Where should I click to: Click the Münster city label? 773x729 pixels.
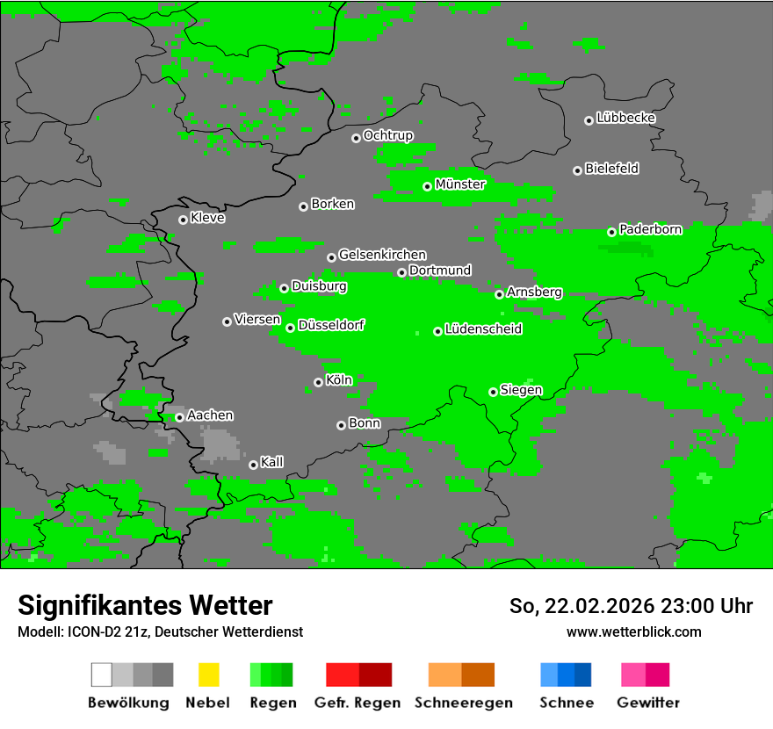point(460,184)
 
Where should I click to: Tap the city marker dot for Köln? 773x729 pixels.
point(318,382)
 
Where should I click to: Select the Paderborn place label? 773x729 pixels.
point(650,230)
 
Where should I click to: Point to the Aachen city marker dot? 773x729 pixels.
point(179,417)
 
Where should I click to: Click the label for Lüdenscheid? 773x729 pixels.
point(483,329)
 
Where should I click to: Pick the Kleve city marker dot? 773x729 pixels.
point(183,220)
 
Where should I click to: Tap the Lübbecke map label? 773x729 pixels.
point(625,118)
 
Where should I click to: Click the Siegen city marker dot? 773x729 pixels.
point(493,392)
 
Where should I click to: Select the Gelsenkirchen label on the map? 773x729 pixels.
point(382,255)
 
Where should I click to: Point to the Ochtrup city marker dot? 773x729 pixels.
point(356,137)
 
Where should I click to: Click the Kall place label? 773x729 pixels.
point(271,462)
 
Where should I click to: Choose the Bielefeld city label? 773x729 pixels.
point(611,169)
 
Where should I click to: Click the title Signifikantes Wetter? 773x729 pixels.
point(145,605)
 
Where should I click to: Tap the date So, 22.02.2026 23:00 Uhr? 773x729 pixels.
point(631,606)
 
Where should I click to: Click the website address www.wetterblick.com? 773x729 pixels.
point(633,632)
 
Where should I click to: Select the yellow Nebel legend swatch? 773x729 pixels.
point(208,675)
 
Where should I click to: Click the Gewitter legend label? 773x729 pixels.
point(647,703)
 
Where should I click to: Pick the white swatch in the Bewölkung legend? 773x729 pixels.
point(101,675)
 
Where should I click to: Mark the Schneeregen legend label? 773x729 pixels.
point(463,703)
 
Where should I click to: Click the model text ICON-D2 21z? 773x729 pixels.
point(105,632)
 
